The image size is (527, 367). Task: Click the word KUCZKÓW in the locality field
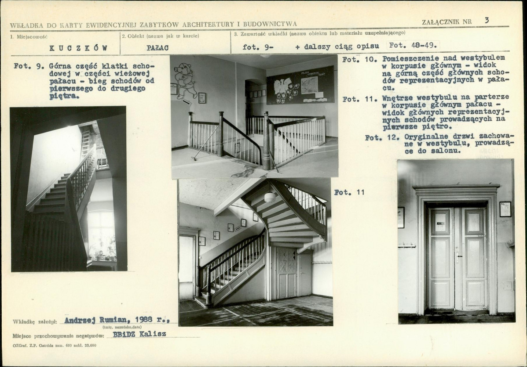click(x=78, y=48)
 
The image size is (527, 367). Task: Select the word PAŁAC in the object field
click(x=157, y=48)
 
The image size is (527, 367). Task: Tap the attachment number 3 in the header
click(x=487, y=21)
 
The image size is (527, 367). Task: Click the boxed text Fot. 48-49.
click(x=413, y=45)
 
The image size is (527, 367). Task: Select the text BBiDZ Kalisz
click(x=139, y=334)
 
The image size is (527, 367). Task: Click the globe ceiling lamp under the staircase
click(x=270, y=197)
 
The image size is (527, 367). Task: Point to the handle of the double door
click(x=457, y=257)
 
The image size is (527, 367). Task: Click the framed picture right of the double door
click(x=505, y=209)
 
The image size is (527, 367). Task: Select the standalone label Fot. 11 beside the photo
click(x=349, y=192)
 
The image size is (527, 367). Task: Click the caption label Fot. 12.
click(x=382, y=137)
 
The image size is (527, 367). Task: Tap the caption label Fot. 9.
click(x=29, y=66)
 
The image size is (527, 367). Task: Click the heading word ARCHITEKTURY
click(x=208, y=25)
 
